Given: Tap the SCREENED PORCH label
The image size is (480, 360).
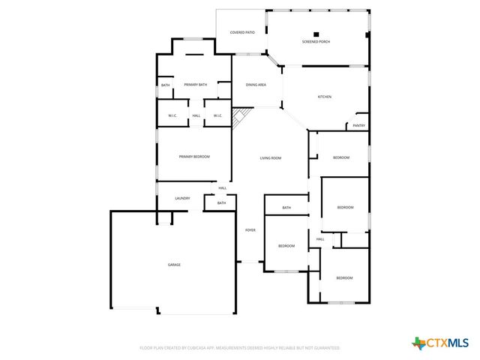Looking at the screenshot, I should point(316,42).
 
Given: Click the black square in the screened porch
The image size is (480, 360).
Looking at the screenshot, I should point(316,34).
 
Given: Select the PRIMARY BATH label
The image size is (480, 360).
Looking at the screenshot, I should point(195,85).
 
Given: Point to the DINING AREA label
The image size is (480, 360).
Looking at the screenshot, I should point(256,85).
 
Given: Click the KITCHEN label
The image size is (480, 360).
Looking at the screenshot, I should point(325,97).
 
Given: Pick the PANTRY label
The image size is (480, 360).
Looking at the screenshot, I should point(358,126).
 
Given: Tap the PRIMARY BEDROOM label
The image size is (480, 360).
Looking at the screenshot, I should point(194,156).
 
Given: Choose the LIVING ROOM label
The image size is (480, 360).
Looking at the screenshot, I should point(270,158).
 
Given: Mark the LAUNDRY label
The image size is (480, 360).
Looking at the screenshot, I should point(182,198).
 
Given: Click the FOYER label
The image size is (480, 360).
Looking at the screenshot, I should point(250,229).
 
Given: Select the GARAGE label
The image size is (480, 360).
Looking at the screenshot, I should point(174,264).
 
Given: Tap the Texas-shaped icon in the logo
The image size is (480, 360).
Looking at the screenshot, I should point(418,343).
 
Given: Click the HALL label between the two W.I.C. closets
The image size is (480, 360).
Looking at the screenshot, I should point(196,115).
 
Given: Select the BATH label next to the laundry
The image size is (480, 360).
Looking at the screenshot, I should point(221,202).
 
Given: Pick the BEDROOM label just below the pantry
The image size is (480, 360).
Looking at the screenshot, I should point(341,157).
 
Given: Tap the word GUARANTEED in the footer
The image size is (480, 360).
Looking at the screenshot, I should point(324,348).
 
